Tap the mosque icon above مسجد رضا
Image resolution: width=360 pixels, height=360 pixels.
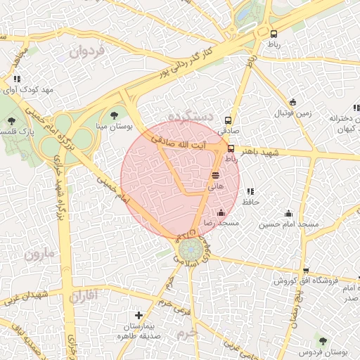click(x=221, y=212)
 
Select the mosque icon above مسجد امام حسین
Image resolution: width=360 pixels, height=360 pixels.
click(x=288, y=213)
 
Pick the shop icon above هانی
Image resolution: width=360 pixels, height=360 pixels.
click(x=215, y=174)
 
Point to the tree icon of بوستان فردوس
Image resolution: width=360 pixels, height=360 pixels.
click(x=323, y=340)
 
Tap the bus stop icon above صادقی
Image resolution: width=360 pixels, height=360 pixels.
click(x=227, y=120)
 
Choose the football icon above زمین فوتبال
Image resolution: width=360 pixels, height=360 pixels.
click(x=292, y=102)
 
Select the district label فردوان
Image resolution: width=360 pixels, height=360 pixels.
click(x=87, y=51)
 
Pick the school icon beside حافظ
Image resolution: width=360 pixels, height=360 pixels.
click(x=250, y=191)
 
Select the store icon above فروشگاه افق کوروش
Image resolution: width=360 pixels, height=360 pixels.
click(x=305, y=271)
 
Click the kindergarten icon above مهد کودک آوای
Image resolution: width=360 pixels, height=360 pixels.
click(x=17, y=79)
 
